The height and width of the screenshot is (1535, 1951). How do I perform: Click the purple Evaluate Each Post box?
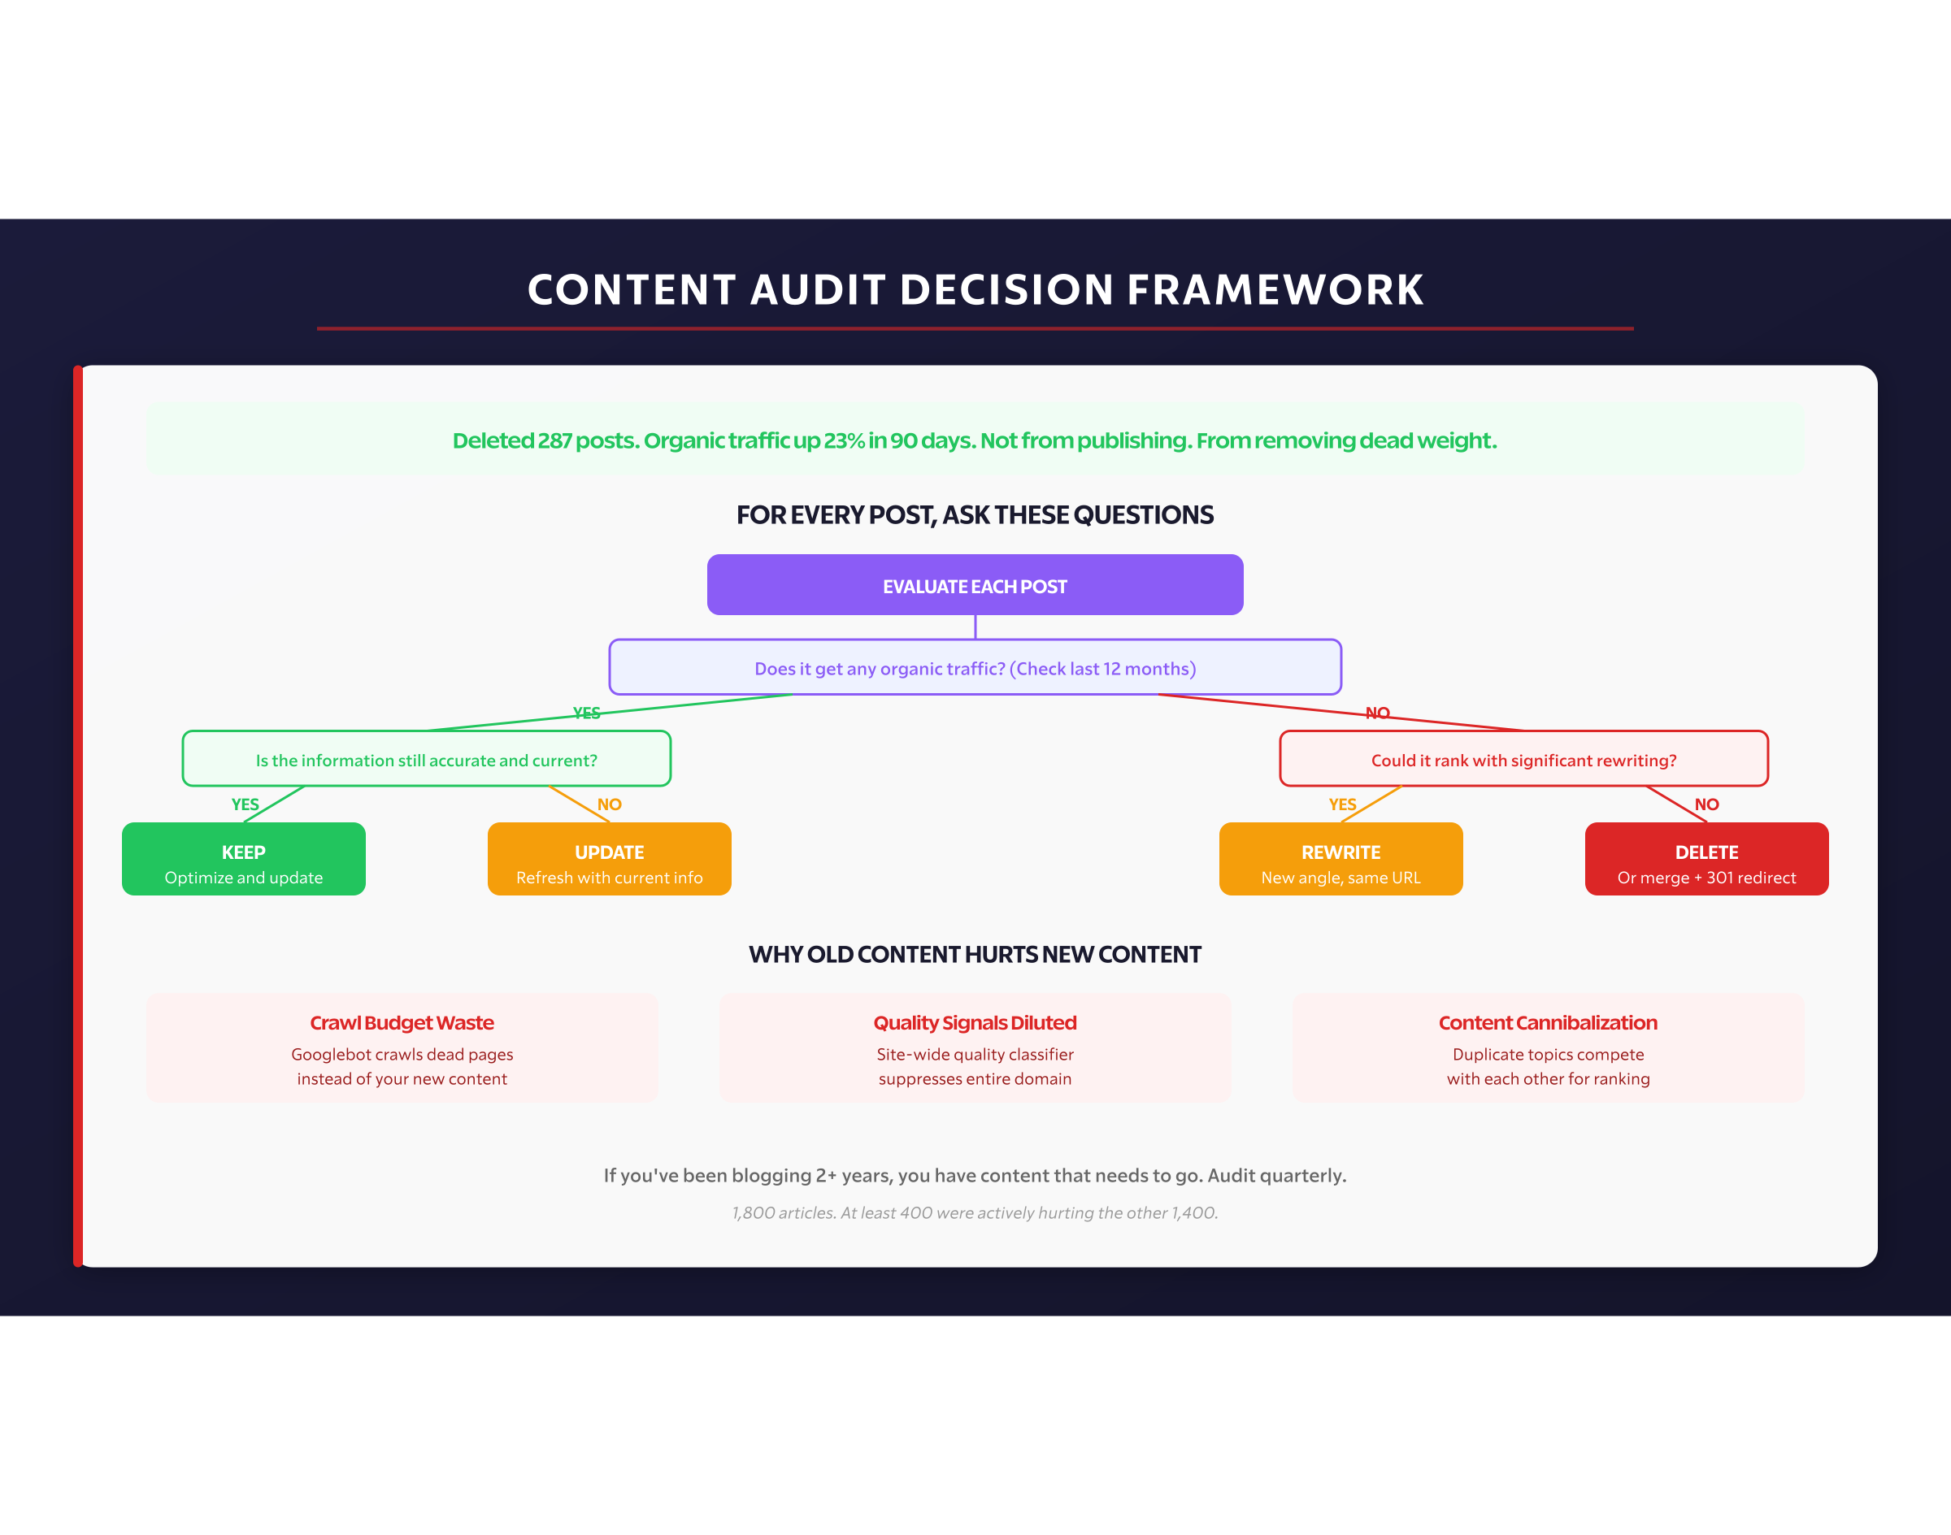[975, 585]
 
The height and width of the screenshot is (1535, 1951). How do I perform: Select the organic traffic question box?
[975, 668]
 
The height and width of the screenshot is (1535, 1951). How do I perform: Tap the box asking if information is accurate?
[426, 760]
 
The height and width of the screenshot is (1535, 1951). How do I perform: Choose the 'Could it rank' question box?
[1523, 760]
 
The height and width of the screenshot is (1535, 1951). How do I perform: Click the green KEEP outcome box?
[244, 859]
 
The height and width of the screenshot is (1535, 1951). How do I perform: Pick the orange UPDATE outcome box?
[609, 859]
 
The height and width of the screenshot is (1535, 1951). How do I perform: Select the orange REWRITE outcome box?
[1340, 859]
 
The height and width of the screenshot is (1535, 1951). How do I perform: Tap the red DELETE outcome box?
[1706, 859]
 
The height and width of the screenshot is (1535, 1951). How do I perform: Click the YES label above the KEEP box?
[245, 804]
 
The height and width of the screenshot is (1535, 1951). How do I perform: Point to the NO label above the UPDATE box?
[610, 804]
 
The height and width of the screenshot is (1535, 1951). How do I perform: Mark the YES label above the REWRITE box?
[1342, 804]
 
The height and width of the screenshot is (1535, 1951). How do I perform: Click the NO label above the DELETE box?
[1706, 804]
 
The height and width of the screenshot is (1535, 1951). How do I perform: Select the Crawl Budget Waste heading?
[402, 1023]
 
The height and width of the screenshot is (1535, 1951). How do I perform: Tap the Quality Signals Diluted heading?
[975, 1023]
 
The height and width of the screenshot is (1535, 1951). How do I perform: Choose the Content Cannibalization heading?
[1547, 1023]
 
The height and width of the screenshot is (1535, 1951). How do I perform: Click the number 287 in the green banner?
[554, 440]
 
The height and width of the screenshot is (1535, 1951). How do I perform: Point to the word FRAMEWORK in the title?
[1275, 289]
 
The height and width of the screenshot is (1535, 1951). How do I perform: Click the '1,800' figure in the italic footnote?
[754, 1212]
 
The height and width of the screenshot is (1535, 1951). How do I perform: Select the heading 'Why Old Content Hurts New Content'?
[975, 955]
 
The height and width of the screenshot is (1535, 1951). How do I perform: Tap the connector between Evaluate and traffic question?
[975, 627]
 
